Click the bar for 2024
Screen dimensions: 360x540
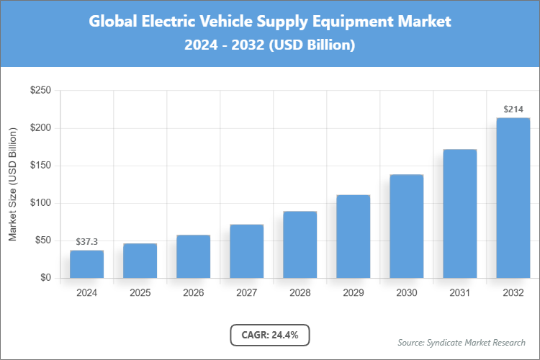(86, 264)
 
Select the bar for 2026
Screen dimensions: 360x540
(193, 256)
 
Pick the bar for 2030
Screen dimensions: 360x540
(406, 226)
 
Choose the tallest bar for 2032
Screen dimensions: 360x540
(513, 198)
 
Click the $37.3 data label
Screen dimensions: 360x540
(86, 242)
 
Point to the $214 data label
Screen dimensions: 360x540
(513, 109)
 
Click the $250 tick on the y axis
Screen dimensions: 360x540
(40, 91)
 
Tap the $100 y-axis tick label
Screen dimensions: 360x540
(40, 203)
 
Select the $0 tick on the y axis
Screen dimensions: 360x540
(45, 278)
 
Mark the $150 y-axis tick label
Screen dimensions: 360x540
(40, 166)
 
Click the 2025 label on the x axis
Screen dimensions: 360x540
(140, 293)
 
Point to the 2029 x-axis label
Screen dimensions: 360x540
(353, 293)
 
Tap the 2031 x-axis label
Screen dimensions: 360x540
(459, 293)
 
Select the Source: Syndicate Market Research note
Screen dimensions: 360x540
(461, 342)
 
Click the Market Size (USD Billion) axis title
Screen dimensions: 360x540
(12, 184)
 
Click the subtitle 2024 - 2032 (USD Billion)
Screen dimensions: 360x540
(269, 45)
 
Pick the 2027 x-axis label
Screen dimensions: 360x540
(246, 293)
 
